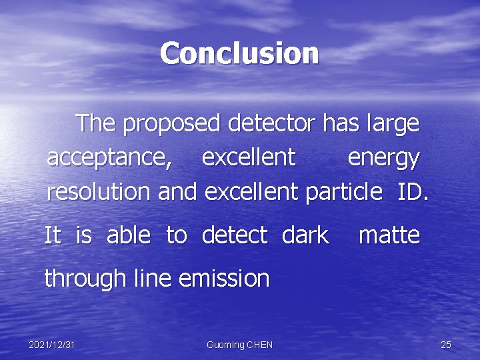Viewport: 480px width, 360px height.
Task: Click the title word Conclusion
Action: pyautogui.click(x=239, y=53)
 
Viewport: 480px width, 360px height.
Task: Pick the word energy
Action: pyautogui.click(x=383, y=159)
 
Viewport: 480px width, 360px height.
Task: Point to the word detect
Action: pyautogui.click(x=234, y=235)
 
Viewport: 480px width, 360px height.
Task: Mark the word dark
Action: pyautogui.click(x=305, y=235)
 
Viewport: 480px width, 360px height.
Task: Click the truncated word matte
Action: pyautogui.click(x=389, y=235)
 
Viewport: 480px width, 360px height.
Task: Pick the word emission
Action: pyautogui.click(x=224, y=278)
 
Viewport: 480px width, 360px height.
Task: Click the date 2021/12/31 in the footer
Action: pyautogui.click(x=51, y=345)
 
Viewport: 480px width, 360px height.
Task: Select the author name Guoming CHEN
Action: pyautogui.click(x=239, y=345)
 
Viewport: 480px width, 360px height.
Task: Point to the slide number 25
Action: pyautogui.click(x=446, y=345)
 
